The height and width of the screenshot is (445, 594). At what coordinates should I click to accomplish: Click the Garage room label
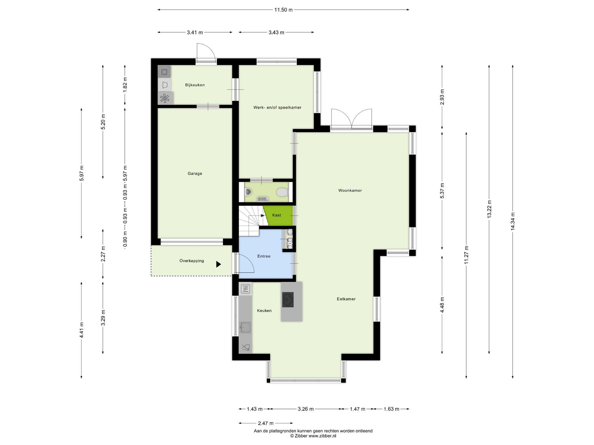(x=195, y=174)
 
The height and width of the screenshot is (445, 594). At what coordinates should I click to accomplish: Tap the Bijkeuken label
(x=195, y=85)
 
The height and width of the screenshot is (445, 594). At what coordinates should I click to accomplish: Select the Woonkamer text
(x=350, y=190)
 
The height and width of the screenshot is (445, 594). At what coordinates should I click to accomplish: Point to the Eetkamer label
(x=346, y=299)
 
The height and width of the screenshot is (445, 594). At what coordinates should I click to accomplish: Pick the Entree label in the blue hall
(x=264, y=256)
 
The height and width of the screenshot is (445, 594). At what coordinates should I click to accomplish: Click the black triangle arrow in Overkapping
(x=218, y=264)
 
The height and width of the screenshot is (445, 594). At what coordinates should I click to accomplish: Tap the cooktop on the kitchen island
(x=288, y=300)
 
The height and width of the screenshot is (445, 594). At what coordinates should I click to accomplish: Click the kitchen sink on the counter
(x=245, y=327)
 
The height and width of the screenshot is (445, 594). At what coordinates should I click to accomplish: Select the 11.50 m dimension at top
(x=283, y=10)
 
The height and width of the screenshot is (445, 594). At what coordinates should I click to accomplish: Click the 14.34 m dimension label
(x=512, y=222)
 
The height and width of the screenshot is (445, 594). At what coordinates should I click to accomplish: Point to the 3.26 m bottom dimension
(x=306, y=409)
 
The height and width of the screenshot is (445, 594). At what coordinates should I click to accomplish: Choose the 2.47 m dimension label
(x=266, y=423)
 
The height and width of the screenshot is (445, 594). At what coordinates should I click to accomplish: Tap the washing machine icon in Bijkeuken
(x=164, y=72)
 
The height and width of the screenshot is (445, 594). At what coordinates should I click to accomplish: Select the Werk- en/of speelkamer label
(x=277, y=107)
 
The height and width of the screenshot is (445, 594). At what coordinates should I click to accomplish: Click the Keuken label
(x=264, y=311)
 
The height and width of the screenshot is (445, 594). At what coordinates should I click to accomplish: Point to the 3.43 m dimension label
(x=276, y=32)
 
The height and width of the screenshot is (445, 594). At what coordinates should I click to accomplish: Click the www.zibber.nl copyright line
(x=313, y=436)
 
